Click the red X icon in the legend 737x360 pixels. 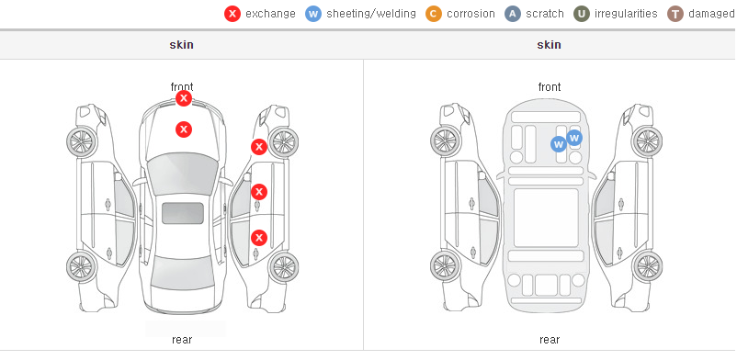pos(232,14)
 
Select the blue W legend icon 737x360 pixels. pos(313,14)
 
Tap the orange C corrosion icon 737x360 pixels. pos(434,14)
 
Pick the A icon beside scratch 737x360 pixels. pos(513,14)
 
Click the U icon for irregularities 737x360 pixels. pos(582,14)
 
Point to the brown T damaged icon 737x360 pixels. pos(675,14)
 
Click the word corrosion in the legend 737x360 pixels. pos(471,14)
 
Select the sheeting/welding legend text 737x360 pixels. pos(371,14)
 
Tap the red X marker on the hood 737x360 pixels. pos(184,129)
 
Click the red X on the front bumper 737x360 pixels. pos(184,98)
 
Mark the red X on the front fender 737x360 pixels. pos(259,147)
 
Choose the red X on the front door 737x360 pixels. pos(259,192)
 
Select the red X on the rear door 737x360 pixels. pos(259,238)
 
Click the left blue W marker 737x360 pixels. pos(559,144)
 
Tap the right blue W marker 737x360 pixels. pos(574,138)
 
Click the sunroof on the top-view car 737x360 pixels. pos(183,213)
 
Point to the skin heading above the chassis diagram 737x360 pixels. pos(549,45)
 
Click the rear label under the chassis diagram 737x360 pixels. pos(550,340)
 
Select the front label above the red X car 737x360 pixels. pos(182,87)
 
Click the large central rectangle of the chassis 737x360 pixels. pos(546,218)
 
